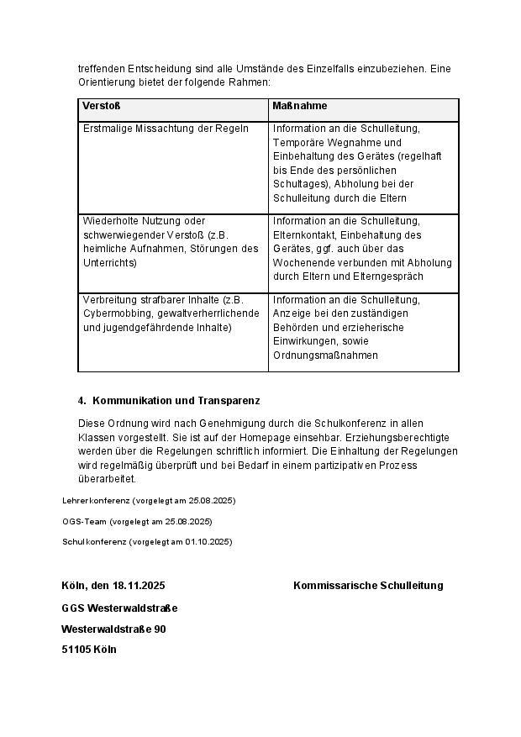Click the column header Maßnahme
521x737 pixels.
[x=300, y=107]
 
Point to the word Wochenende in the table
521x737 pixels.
[x=303, y=262]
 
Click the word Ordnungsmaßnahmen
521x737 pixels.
[x=325, y=355]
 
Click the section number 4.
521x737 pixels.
[x=82, y=401]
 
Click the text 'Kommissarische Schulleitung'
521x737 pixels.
[x=368, y=586]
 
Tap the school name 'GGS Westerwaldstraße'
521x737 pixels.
[x=119, y=608]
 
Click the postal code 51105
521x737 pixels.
[x=76, y=650]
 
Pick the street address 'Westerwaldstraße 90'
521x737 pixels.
[x=113, y=629]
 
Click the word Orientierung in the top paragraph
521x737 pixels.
[x=108, y=82]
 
